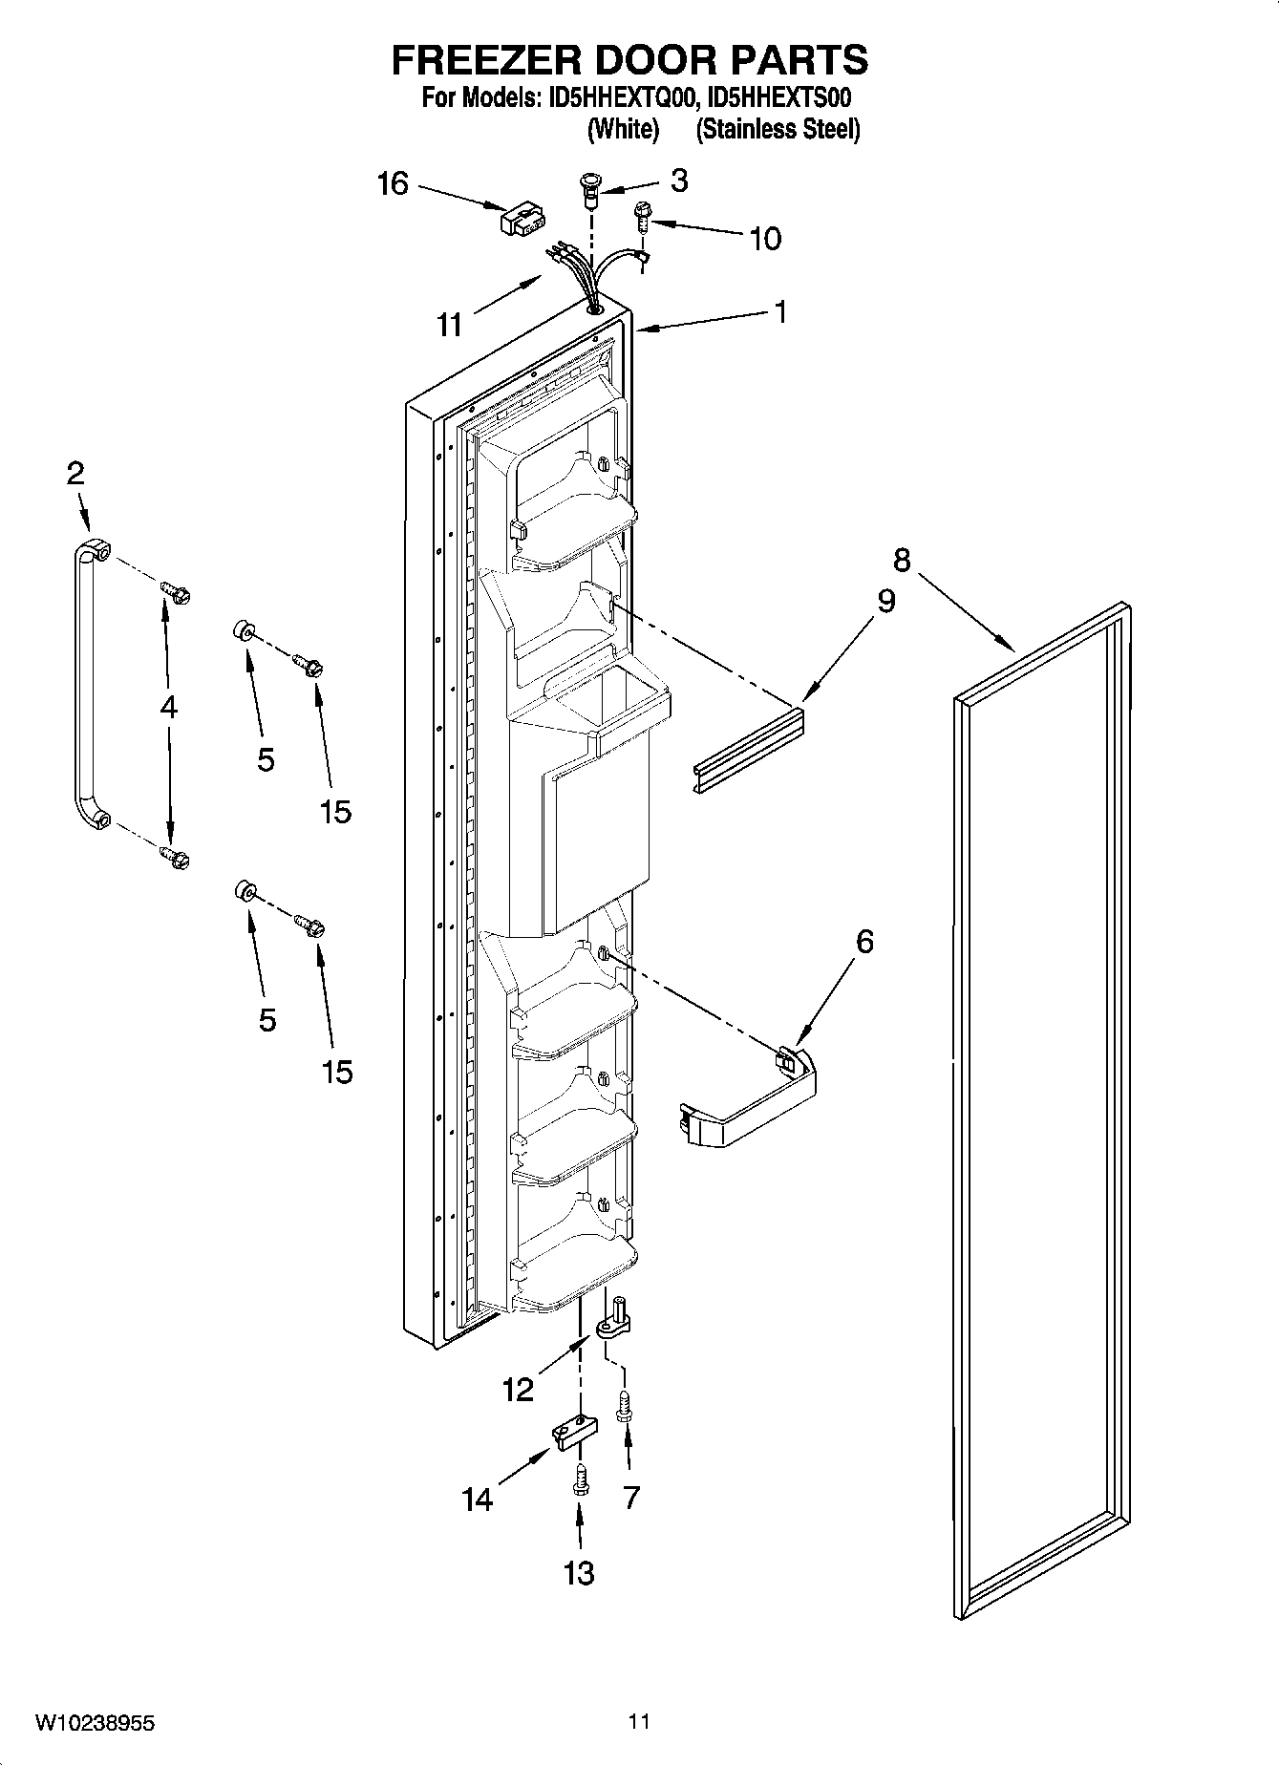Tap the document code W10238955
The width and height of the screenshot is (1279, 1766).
[95, 1723]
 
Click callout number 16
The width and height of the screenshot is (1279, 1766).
[393, 183]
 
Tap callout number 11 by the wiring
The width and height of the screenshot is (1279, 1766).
[449, 325]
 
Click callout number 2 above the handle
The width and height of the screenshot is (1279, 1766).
[75, 473]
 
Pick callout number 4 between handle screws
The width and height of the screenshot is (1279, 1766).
[169, 708]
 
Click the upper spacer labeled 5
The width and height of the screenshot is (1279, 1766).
[243, 631]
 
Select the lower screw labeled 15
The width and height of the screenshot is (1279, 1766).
[309, 925]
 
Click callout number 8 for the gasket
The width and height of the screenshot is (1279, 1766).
[901, 559]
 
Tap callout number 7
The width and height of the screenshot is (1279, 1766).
[630, 1498]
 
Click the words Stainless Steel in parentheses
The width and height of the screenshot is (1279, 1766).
[778, 129]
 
